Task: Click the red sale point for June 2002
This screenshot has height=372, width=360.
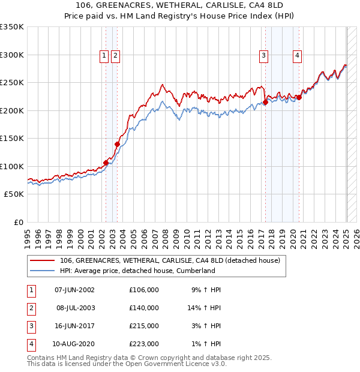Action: (x=106, y=162)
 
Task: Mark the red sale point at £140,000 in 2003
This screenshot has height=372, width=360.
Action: (x=117, y=144)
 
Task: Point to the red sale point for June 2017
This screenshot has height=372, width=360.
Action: (x=265, y=103)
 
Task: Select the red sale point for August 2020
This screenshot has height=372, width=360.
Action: (x=299, y=98)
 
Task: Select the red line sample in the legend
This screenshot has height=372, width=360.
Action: (x=43, y=261)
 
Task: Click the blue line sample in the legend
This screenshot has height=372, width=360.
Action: (x=43, y=271)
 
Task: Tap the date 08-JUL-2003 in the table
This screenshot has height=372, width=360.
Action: (x=76, y=308)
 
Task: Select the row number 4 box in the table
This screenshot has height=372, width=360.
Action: (x=31, y=344)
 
